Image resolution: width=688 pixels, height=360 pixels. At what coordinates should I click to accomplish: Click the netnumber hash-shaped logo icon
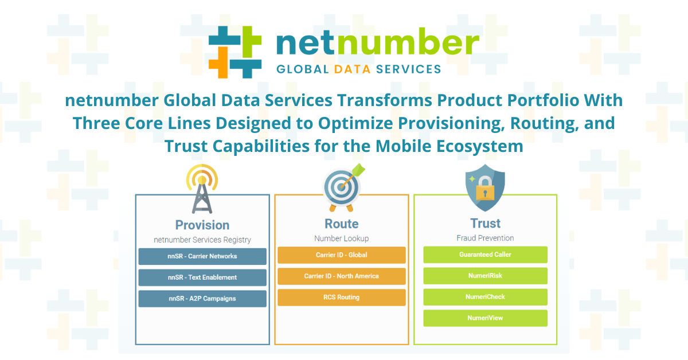click(235, 52)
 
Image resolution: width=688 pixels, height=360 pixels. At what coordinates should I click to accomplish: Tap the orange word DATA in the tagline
click(352, 69)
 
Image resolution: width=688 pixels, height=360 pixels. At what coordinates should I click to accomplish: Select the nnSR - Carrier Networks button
click(202, 256)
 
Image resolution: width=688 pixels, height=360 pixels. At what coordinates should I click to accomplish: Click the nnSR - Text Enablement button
click(202, 277)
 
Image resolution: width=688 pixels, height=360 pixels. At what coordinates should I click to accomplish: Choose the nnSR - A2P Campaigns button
click(202, 299)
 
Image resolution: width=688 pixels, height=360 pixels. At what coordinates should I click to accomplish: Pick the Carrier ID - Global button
click(342, 255)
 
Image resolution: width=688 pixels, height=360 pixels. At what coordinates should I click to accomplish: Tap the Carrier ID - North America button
click(342, 276)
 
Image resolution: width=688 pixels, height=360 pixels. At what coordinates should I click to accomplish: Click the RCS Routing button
click(342, 298)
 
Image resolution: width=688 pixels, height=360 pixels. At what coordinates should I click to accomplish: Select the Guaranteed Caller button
click(485, 255)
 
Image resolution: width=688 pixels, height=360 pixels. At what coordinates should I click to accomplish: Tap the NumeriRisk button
click(485, 276)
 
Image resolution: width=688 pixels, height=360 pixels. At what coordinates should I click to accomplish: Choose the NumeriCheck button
click(485, 297)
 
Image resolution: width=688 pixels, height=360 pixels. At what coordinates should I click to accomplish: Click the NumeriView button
click(485, 318)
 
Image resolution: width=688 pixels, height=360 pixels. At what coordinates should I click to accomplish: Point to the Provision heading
click(202, 225)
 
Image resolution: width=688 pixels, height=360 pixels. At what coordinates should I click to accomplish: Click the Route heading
click(342, 224)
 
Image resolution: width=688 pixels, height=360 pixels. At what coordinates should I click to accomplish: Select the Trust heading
click(485, 224)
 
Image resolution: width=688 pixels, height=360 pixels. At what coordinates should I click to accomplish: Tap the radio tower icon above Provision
click(202, 189)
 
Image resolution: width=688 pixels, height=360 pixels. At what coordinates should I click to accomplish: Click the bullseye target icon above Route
click(343, 187)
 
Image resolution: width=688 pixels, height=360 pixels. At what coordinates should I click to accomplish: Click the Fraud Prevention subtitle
click(485, 238)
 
